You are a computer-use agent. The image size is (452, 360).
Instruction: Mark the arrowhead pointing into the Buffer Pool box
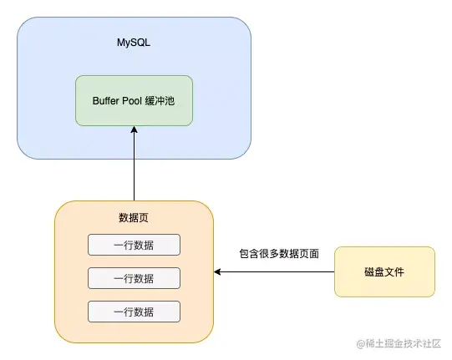(134, 131)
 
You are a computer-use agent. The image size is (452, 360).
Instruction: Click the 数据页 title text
(134, 218)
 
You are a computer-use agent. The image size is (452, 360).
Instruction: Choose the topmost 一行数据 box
(134, 245)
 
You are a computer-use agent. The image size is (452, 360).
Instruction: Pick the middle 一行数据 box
(134, 278)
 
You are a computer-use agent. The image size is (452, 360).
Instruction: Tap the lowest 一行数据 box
(134, 312)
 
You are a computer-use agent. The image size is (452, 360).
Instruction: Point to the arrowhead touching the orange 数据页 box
(218, 271)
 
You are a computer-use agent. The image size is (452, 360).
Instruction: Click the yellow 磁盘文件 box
(384, 271)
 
